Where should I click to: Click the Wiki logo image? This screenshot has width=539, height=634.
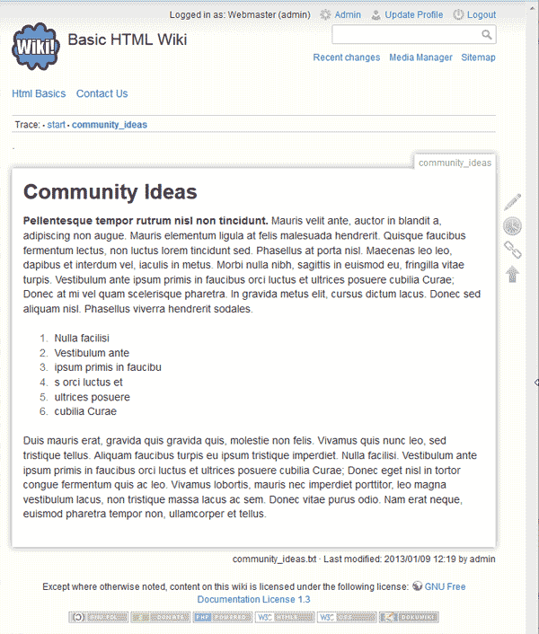click(37, 45)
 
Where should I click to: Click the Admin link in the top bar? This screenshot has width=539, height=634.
click(347, 15)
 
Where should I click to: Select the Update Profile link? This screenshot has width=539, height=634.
click(413, 15)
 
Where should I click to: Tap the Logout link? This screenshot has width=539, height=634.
click(481, 15)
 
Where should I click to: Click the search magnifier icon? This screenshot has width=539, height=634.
click(487, 35)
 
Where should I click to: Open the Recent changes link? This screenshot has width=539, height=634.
click(347, 57)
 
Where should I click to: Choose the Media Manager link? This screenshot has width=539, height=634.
click(420, 57)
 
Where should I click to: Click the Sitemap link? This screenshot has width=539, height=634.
click(478, 57)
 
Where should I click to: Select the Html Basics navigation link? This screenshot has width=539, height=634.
click(39, 93)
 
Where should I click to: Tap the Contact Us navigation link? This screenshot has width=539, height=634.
click(102, 93)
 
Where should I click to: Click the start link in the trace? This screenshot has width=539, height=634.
click(57, 125)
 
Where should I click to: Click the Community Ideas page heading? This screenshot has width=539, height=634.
click(110, 192)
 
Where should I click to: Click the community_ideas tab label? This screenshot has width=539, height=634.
click(455, 163)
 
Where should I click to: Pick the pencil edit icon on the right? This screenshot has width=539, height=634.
click(512, 203)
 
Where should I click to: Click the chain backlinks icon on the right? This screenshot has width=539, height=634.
click(512, 250)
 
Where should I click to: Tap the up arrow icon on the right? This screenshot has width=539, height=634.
click(512, 273)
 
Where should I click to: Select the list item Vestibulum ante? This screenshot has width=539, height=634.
click(92, 353)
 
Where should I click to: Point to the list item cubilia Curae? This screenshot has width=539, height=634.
click(85, 411)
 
